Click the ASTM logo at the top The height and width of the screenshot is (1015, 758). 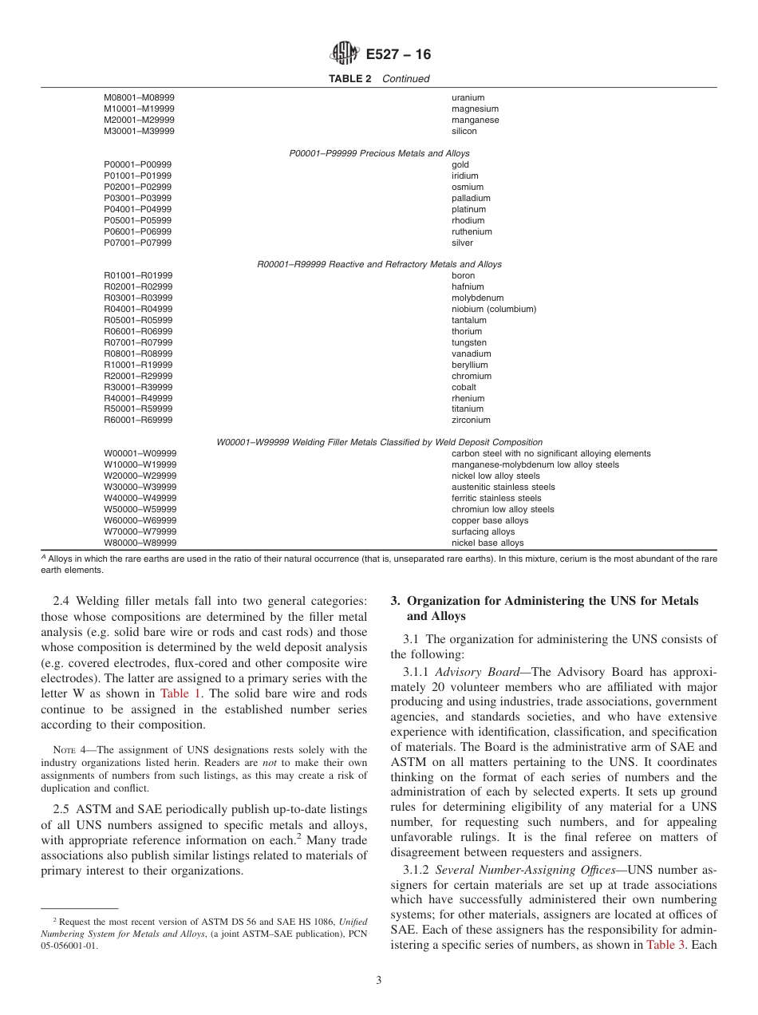pos(345,54)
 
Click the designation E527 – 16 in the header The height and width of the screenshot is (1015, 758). pos(398,55)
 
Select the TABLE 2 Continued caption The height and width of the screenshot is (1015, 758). pos(379,79)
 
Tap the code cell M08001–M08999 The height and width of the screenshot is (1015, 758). pos(140,98)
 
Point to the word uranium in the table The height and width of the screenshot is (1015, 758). pos(468,98)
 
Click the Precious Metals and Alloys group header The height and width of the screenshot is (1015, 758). pos(379,153)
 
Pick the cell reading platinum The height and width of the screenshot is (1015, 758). pos(468,209)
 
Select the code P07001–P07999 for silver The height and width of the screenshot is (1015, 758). pos(137,243)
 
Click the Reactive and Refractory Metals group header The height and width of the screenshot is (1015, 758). pos(379,264)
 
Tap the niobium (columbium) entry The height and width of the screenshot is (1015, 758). pos(494,309)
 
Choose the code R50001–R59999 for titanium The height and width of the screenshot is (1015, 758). pos(138,409)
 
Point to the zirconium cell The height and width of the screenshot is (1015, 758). pos(471,420)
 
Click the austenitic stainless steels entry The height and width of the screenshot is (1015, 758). pos(503,487)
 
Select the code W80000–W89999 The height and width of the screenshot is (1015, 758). pos(140,543)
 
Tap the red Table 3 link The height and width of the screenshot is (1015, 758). pos(665,945)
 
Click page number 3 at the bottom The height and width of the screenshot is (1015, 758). pos(379,981)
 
